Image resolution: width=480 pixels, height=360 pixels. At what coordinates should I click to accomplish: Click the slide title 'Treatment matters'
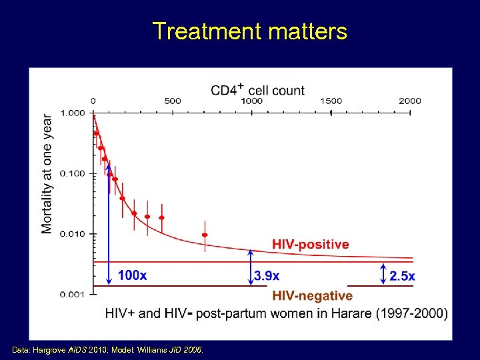[x=249, y=31]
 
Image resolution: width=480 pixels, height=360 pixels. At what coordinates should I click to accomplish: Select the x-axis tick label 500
[x=172, y=101]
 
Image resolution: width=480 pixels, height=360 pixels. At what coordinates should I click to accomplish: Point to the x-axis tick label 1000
[x=251, y=101]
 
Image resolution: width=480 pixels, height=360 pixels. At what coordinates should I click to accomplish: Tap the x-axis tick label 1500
[x=331, y=101]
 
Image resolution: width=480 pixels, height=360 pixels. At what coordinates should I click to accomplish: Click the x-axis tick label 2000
[x=410, y=101]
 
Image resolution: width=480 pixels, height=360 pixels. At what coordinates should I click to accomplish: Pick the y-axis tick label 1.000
[x=73, y=113]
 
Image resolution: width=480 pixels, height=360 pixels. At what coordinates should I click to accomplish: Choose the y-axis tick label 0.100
[x=73, y=173]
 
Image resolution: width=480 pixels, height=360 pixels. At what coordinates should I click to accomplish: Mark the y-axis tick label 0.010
[x=73, y=234]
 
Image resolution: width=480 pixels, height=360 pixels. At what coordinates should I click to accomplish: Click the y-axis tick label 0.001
[x=73, y=294]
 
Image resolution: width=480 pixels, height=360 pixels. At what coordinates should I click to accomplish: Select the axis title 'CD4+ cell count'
[x=257, y=90]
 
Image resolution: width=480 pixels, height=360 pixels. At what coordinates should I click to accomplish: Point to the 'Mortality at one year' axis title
[x=47, y=173]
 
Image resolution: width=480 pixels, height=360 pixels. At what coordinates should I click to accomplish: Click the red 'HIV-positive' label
[x=310, y=245]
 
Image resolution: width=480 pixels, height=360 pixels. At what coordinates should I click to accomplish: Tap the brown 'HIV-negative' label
[x=312, y=295]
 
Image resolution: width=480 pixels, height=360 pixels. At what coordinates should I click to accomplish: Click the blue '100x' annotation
[x=132, y=275]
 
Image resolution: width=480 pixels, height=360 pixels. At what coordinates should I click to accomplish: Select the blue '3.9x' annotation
[x=267, y=275]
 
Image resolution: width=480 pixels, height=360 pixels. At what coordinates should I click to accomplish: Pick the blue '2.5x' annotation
[x=402, y=275]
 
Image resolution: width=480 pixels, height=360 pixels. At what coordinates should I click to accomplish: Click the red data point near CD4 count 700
[x=205, y=235]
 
